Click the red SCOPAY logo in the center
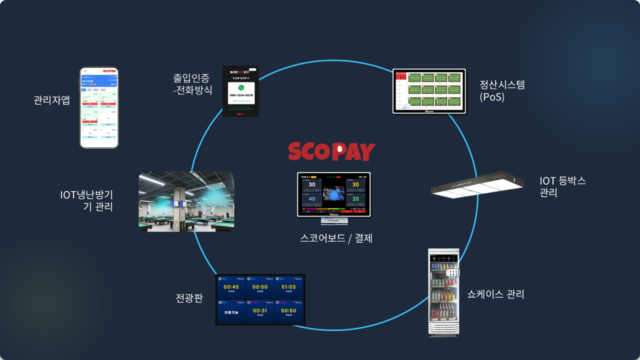331,151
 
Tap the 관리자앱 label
51,100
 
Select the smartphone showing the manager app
99,108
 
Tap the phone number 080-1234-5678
241,95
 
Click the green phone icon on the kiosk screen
241,87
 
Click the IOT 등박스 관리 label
562,186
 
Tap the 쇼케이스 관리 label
495,294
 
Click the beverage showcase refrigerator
444,292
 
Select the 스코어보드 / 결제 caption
336,238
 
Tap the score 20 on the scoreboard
355,198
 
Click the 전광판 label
189,298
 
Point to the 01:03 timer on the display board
288,287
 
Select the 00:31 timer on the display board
260,310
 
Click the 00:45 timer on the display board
231,287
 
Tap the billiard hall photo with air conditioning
186,201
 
